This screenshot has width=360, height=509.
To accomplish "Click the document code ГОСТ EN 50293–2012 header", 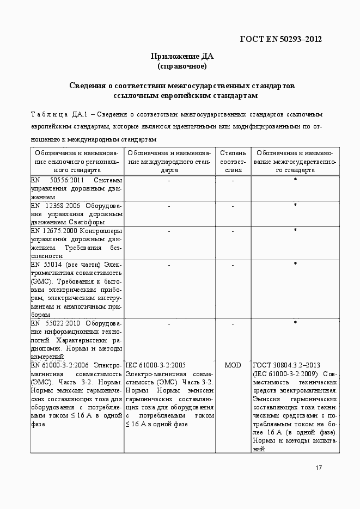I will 280,39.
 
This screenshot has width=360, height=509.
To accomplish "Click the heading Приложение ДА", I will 182,56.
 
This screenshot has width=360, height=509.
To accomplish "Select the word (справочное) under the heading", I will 182,66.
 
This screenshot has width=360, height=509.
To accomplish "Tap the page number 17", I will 319,468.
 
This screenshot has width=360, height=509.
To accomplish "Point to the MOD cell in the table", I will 233,365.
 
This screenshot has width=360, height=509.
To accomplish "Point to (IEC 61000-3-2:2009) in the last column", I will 284,374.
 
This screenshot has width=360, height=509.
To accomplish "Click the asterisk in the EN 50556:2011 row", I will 295,180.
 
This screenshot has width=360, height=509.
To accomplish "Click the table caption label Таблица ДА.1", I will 56,114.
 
